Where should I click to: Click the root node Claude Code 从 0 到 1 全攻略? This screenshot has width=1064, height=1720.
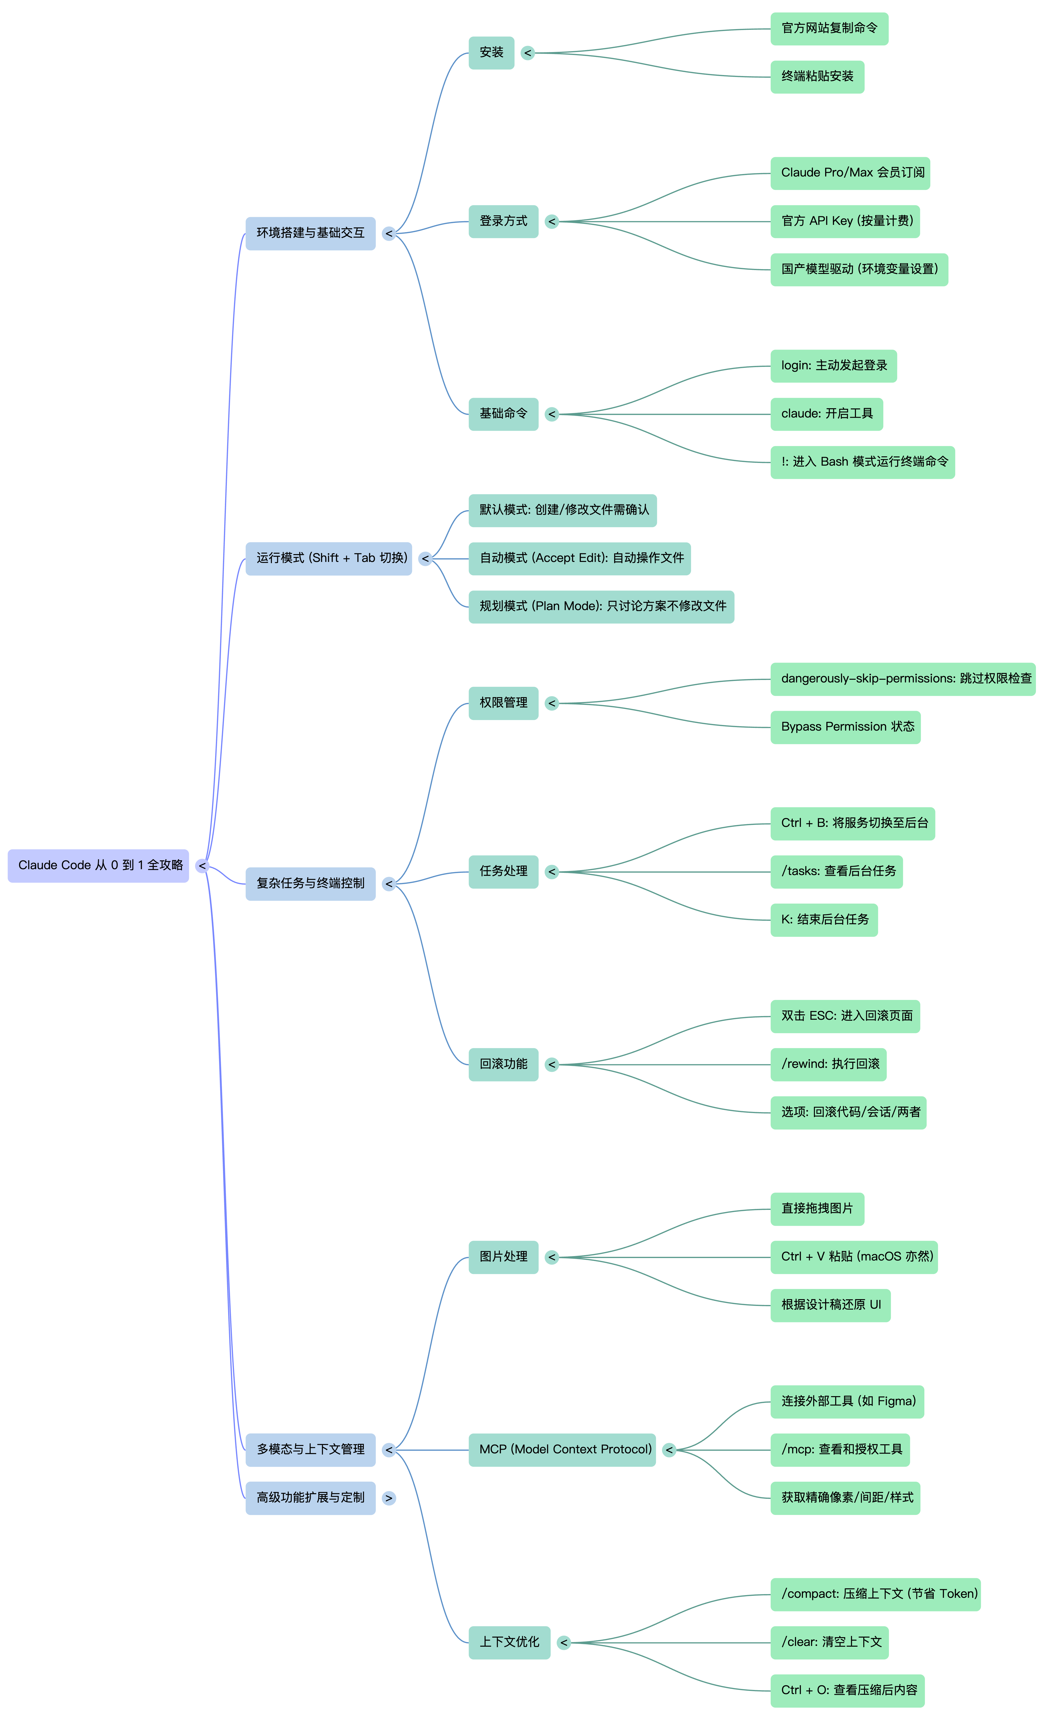tap(99, 865)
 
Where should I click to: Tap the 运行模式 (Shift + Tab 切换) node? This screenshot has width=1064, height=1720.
tap(329, 559)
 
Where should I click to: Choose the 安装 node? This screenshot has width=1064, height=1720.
tap(491, 53)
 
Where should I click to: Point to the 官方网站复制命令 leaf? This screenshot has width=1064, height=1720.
tap(829, 29)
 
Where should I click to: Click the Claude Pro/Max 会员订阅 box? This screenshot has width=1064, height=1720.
tap(850, 173)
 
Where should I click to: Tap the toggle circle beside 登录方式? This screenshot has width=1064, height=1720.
tap(552, 222)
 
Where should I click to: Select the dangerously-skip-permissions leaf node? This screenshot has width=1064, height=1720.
tap(903, 679)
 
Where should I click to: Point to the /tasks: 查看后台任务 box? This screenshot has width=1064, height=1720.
tap(837, 872)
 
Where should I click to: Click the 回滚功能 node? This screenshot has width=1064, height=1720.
tap(503, 1064)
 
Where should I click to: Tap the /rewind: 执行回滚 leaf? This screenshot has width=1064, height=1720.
tap(828, 1064)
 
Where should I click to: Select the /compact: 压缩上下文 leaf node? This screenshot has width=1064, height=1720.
tap(876, 1594)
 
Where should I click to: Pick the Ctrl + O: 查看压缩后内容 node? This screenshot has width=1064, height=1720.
tap(847, 1690)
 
